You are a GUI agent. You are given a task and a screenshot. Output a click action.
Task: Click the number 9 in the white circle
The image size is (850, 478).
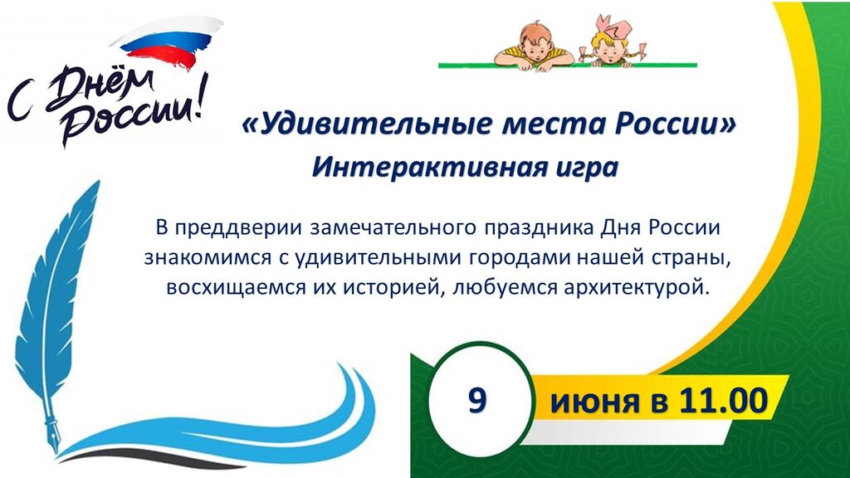point(477,401)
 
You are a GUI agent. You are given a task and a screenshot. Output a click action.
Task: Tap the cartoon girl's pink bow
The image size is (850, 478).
point(612,27)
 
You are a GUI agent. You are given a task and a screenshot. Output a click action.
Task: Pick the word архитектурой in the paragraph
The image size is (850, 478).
point(636,288)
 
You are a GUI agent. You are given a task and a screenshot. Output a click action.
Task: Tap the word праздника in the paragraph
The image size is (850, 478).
point(539,228)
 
